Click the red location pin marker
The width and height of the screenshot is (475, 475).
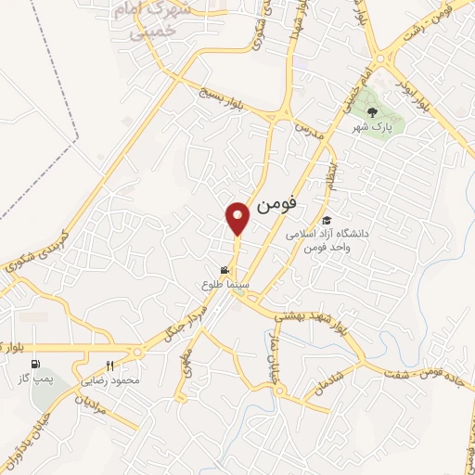click(x=237, y=217)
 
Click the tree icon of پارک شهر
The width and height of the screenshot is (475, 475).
click(x=371, y=111)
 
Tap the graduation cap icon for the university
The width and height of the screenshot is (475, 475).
click(x=326, y=220)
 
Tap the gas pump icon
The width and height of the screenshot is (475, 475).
click(x=35, y=364)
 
